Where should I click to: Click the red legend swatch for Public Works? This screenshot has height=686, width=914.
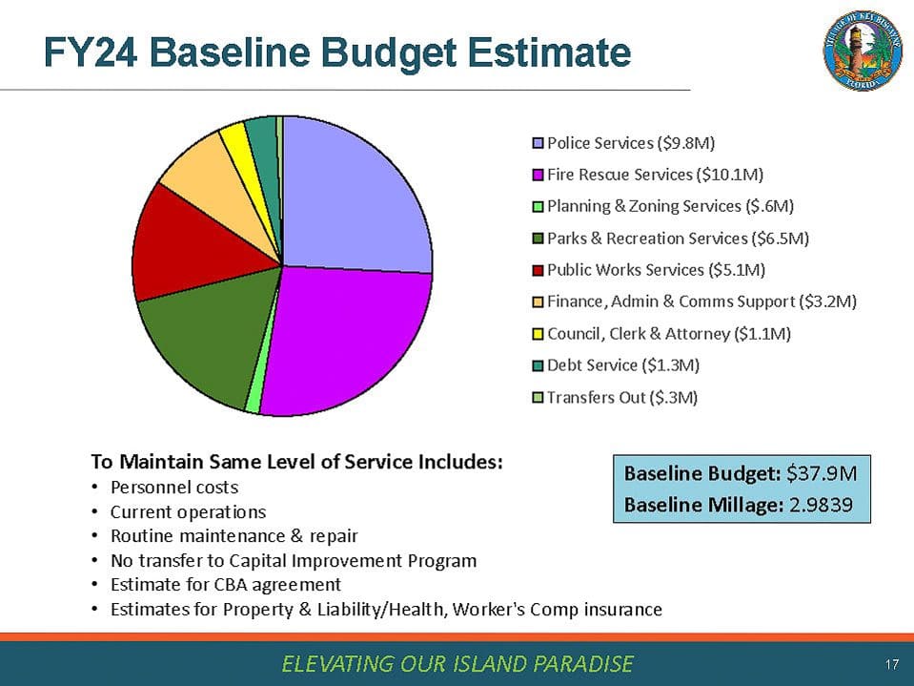pos(538,270)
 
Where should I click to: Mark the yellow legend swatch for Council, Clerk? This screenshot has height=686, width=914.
pos(538,334)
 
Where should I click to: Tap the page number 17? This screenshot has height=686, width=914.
pos(892,663)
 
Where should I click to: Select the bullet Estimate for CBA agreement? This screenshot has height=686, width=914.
pos(225,584)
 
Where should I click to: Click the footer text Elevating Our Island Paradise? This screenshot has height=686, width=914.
pos(457,663)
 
